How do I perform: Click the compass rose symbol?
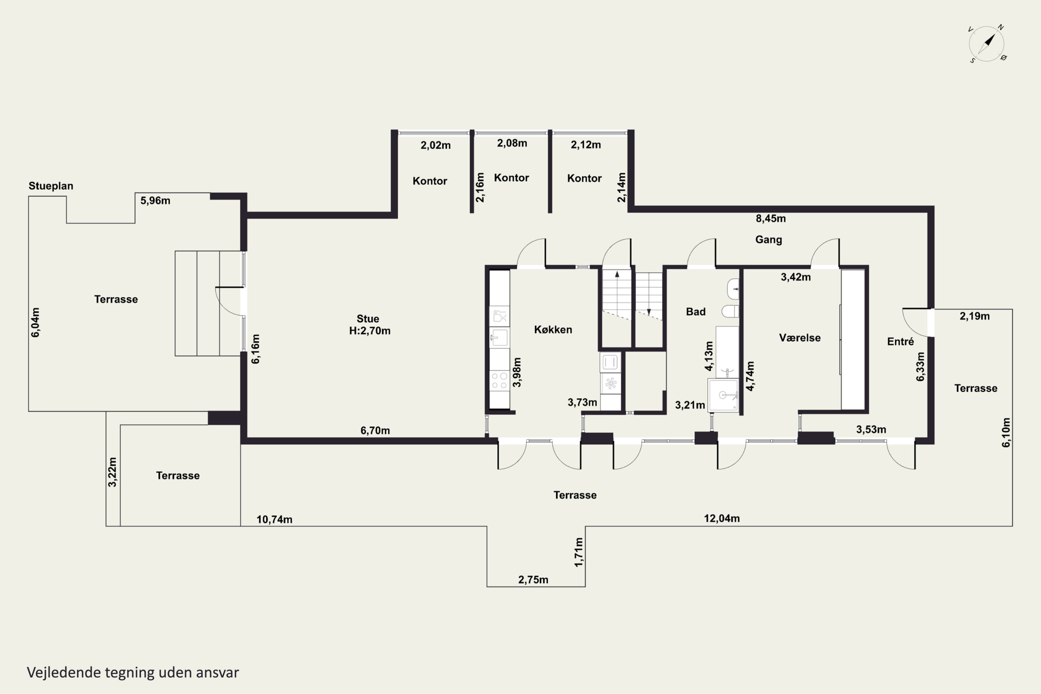coord(987,44)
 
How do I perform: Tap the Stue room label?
coord(368,319)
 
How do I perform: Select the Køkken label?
coord(553,329)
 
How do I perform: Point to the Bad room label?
coord(695,312)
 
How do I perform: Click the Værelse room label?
coord(800,338)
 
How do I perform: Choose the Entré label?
coord(900,341)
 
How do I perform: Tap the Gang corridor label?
coord(768,239)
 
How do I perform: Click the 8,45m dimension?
coord(771,218)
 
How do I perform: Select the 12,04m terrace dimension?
coord(722,518)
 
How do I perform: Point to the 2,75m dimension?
coord(533,579)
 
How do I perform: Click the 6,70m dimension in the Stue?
coord(375,430)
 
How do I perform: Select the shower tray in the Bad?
coord(723,395)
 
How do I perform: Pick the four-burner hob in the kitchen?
coord(499,381)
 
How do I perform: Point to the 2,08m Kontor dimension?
coord(511,143)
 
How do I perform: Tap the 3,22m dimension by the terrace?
coord(112,472)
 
